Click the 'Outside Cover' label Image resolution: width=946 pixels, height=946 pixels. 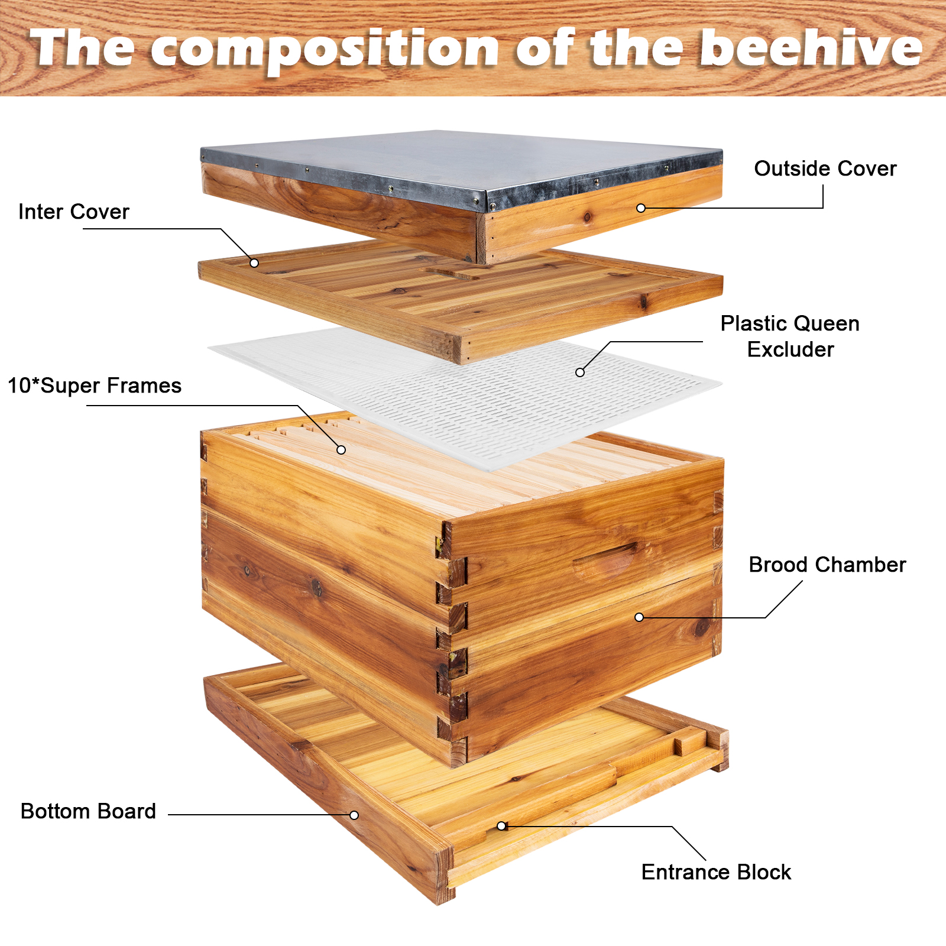(x=825, y=169)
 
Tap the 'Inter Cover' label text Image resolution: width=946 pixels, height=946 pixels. (x=74, y=212)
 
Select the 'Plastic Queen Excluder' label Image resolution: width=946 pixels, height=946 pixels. (x=791, y=336)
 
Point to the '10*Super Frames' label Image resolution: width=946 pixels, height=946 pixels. (x=95, y=385)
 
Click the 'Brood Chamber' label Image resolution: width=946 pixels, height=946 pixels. (x=827, y=565)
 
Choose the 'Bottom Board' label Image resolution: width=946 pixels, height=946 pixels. (x=88, y=811)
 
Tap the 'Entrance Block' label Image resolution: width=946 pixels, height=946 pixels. (x=716, y=872)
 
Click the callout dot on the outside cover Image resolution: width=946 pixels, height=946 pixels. (x=641, y=208)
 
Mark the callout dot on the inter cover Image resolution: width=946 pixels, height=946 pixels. (x=254, y=263)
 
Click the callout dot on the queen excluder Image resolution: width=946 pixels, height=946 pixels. (x=580, y=372)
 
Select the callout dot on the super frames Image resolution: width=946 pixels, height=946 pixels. (x=341, y=450)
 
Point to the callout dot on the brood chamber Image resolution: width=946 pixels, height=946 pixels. (x=639, y=617)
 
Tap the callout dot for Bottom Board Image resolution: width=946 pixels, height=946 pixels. (x=354, y=815)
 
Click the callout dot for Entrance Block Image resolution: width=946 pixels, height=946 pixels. (x=501, y=826)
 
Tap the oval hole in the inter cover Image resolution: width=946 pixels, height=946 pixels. (x=452, y=273)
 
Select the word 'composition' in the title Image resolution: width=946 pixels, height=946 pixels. (x=326, y=50)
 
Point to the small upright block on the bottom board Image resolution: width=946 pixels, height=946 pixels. (x=690, y=741)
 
